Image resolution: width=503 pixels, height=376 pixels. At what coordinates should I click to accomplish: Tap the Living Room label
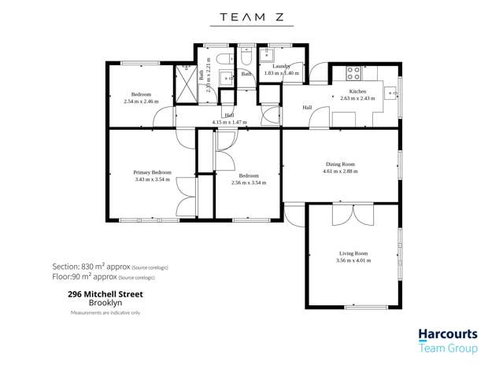[x=353, y=253]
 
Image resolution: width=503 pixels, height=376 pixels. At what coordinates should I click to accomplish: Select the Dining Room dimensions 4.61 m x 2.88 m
[x=341, y=171]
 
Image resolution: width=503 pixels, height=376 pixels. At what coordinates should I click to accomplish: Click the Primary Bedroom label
[x=153, y=171]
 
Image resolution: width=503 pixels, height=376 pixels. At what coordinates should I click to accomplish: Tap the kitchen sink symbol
[x=390, y=93]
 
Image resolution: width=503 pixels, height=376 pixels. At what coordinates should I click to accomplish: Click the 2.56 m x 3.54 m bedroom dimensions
[x=249, y=182]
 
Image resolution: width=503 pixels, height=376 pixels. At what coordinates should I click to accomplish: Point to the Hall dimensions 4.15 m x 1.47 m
[x=229, y=123]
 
